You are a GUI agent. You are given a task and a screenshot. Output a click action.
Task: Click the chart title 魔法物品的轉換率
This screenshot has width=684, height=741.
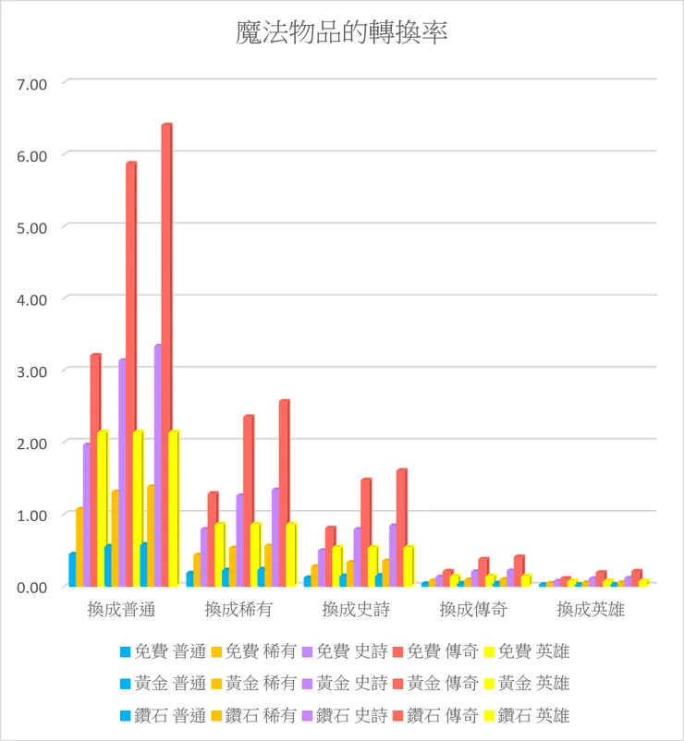pyautogui.click(x=342, y=34)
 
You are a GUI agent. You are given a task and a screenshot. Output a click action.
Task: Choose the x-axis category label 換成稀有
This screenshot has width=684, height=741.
pyautogui.click(x=238, y=610)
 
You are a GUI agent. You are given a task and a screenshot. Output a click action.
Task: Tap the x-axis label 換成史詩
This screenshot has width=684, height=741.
pyautogui.click(x=355, y=610)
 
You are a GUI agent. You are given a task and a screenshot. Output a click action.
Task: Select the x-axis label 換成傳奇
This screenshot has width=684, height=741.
pyautogui.click(x=472, y=610)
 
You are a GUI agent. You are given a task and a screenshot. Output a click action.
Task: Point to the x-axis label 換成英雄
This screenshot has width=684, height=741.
pyautogui.click(x=590, y=610)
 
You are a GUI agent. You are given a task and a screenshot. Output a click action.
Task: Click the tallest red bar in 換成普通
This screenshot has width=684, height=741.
pyautogui.click(x=166, y=351)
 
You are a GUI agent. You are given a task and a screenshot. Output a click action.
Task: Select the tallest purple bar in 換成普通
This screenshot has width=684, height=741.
pyautogui.click(x=158, y=462)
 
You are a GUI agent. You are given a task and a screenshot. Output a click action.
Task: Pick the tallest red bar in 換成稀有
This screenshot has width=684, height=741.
pyautogui.click(x=284, y=490)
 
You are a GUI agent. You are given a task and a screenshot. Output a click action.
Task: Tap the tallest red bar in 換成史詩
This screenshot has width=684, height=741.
pyautogui.click(x=401, y=527)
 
